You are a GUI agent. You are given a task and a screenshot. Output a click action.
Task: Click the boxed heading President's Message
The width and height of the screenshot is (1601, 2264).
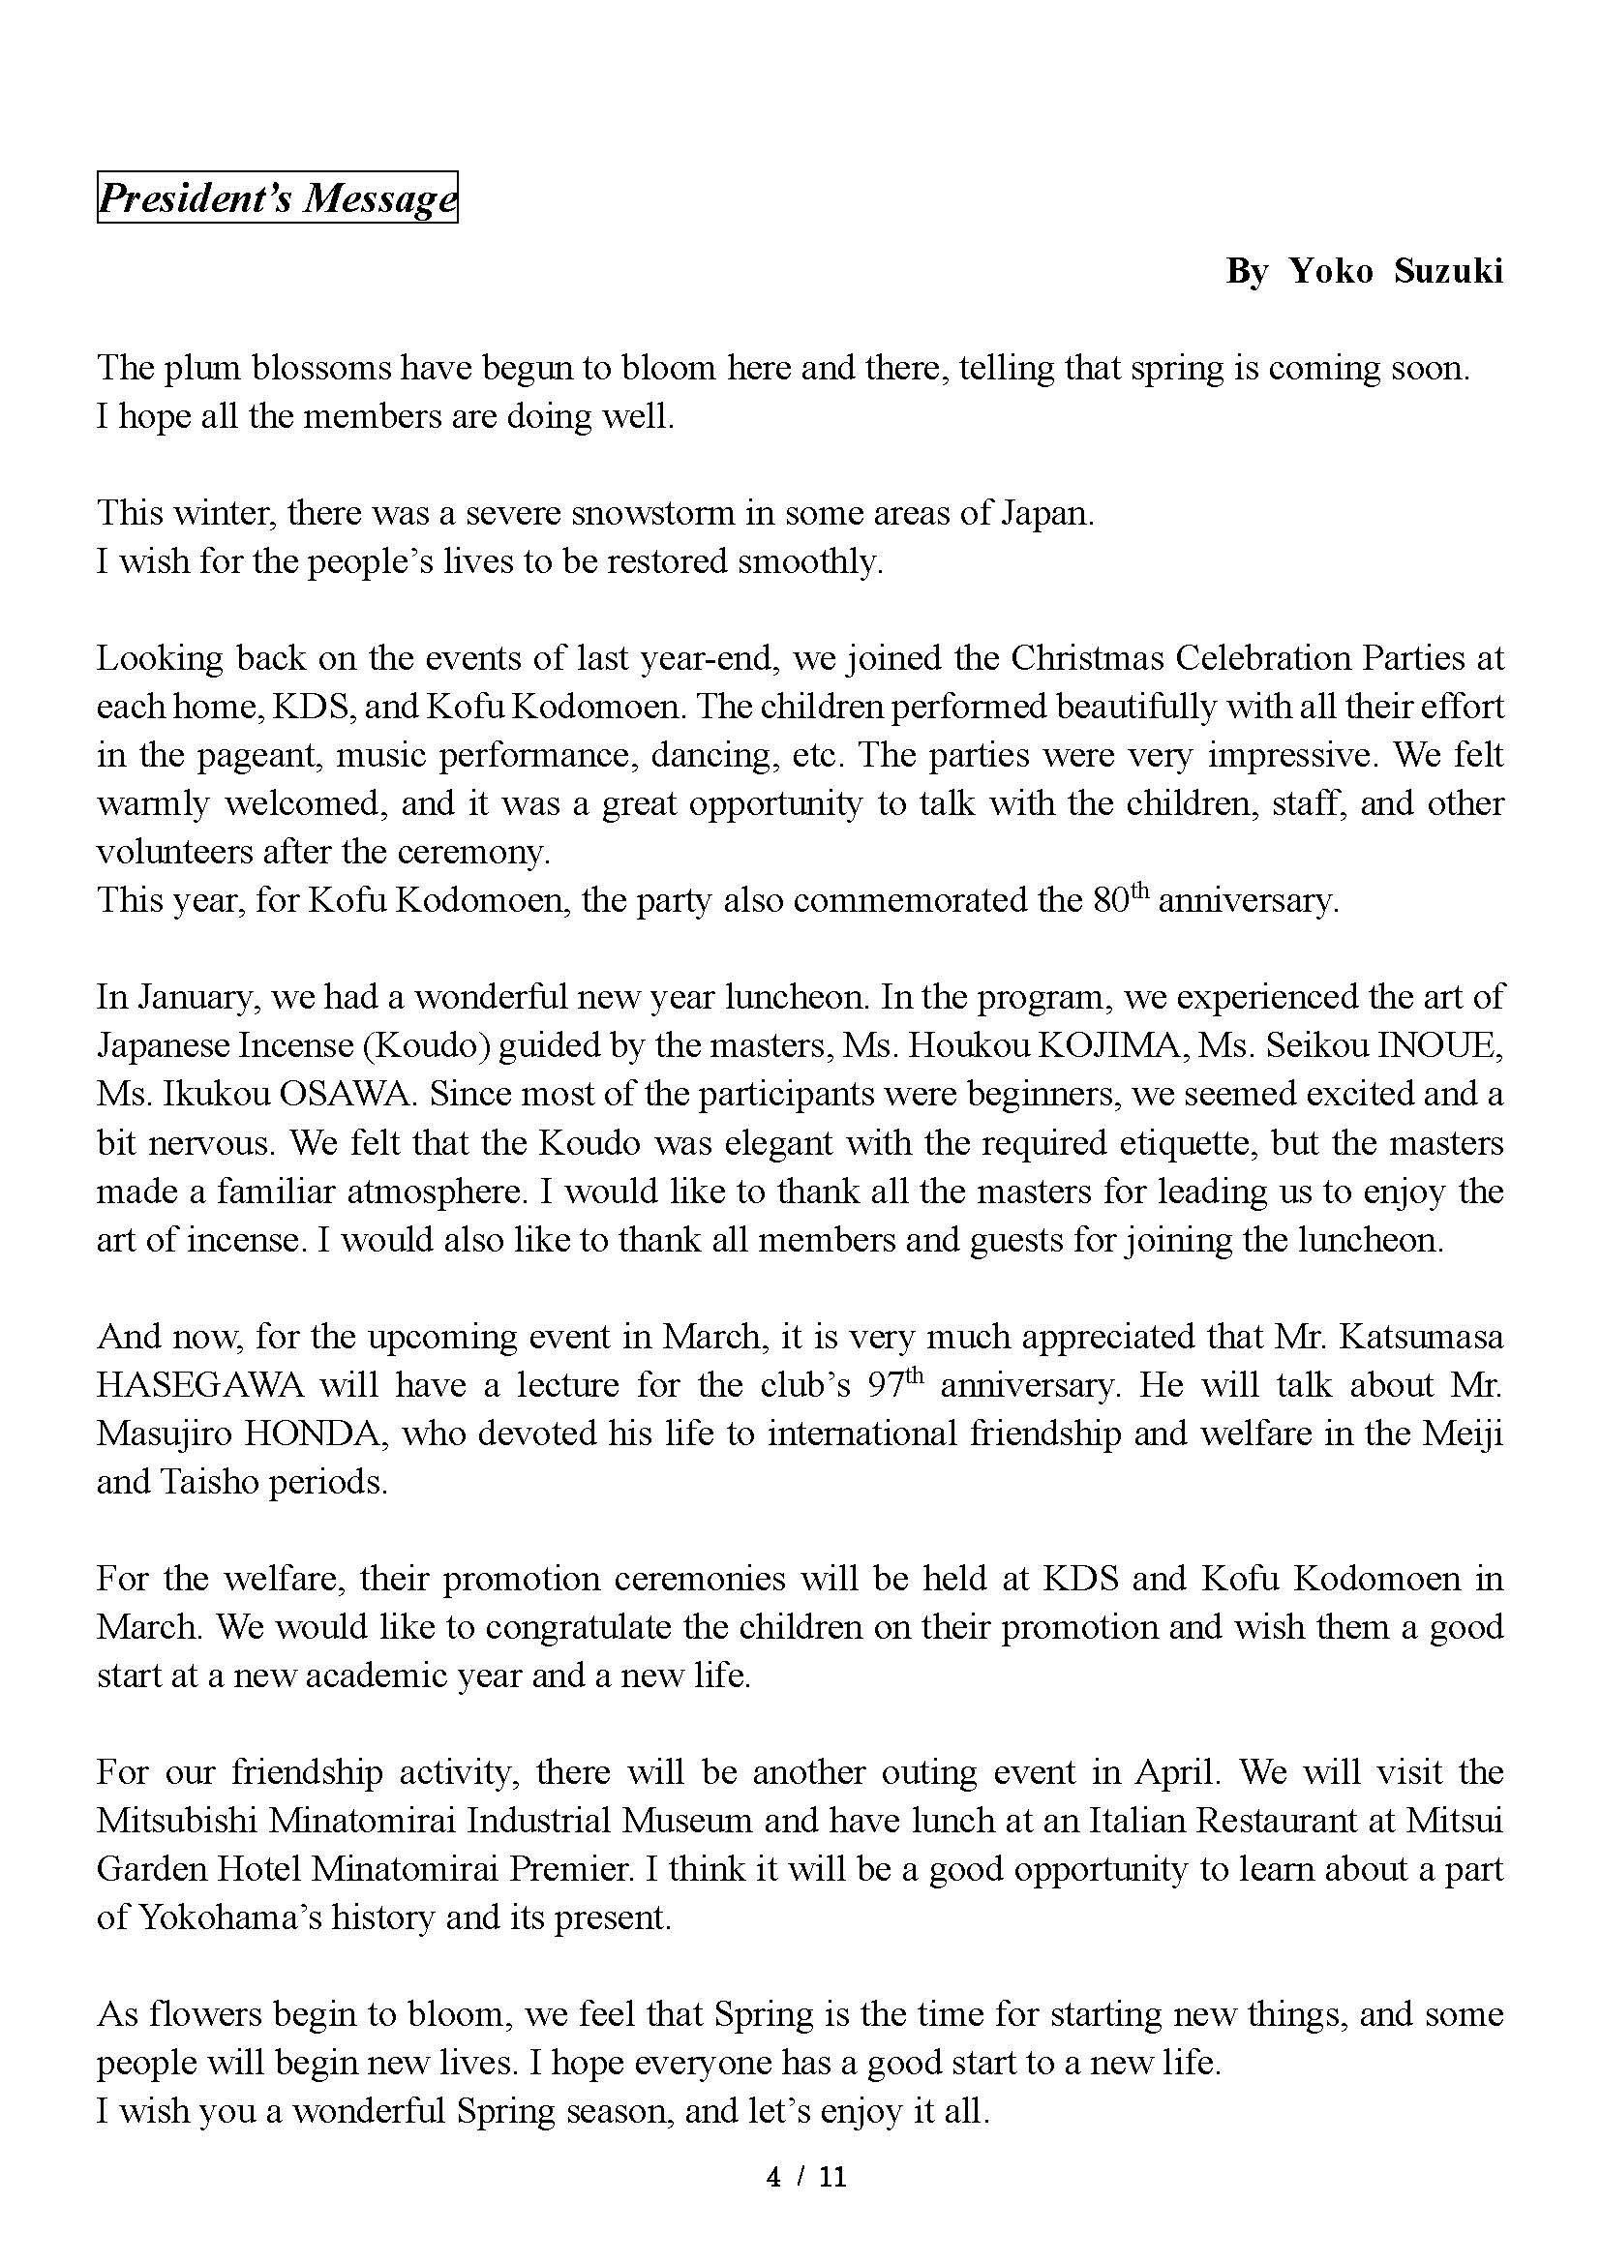(277, 198)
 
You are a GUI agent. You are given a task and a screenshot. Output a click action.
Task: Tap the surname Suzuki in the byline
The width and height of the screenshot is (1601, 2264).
(1448, 271)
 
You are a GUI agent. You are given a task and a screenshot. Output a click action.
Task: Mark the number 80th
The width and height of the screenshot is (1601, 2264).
(1121, 900)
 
